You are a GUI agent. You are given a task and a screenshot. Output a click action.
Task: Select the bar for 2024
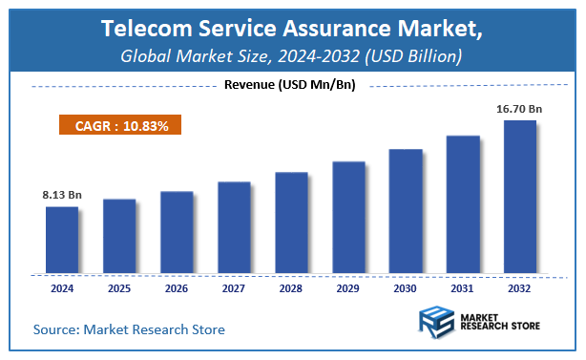pos(62,238)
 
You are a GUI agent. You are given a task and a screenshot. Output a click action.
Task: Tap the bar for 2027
pos(234,225)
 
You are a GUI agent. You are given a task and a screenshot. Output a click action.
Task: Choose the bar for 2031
pos(463,202)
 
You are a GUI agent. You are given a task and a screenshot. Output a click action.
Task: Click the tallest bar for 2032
pos(520,195)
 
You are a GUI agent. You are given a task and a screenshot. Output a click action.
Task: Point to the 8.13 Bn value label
pos(62,195)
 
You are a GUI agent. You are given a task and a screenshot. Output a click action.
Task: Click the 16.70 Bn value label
pos(520,109)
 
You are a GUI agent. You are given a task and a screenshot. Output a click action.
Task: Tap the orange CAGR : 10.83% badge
pos(115,126)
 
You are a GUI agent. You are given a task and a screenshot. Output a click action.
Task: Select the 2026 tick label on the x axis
pos(177,286)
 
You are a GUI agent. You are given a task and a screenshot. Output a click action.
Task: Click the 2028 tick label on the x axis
pos(291,286)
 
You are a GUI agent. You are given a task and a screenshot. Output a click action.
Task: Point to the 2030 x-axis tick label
pos(406,286)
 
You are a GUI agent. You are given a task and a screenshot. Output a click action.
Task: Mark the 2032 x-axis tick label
pos(520,286)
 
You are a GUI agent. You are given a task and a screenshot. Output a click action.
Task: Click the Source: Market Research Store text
pos(129,329)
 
